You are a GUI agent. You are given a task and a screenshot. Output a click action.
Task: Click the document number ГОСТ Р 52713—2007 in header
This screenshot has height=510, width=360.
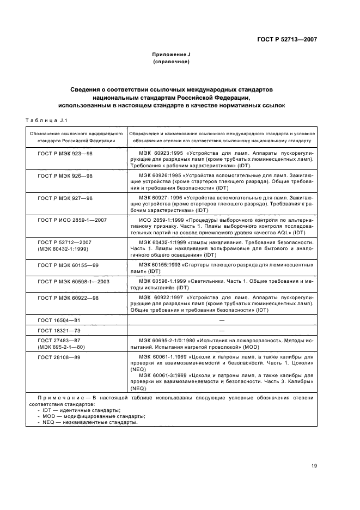pyautogui.click(x=286, y=39)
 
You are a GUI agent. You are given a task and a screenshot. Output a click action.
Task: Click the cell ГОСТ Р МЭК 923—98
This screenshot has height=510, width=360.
pyautogui.click(x=65, y=154)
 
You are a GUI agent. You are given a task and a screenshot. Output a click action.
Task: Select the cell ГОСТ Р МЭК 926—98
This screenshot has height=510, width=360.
pyautogui.click(x=65, y=175)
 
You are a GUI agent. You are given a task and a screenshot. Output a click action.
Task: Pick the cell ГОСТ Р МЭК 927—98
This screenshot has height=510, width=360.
pyautogui.click(x=65, y=197)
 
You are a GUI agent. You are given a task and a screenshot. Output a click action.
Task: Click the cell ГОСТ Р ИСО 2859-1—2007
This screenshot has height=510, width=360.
pyautogui.click(x=72, y=219)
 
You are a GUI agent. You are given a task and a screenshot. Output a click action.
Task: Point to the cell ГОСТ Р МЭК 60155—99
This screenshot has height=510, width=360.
pyautogui.click(x=68, y=264)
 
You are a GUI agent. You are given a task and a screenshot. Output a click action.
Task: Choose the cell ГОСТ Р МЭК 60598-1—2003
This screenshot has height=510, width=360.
pyautogui.click(x=74, y=281)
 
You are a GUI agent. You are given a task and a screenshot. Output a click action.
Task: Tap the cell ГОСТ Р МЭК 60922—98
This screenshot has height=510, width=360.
pyautogui.click(x=68, y=298)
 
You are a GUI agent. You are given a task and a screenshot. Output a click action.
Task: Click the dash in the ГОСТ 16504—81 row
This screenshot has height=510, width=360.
pyautogui.click(x=222, y=320)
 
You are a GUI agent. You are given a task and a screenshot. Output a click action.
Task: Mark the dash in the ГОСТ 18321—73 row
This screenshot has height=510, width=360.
pyautogui.click(x=222, y=330)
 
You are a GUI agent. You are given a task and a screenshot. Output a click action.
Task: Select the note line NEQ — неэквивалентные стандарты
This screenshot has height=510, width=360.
pyautogui.click(x=87, y=422)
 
